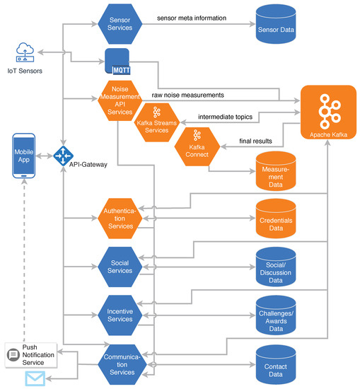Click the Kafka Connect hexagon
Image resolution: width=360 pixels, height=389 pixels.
point(195,145)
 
